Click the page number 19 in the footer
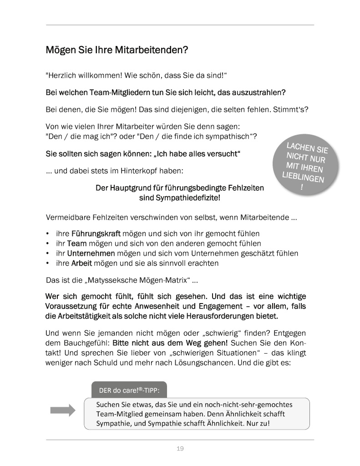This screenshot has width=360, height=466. click(180, 449)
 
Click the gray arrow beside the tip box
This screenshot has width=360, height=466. click(62, 410)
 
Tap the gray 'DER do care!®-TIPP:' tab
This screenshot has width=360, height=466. click(129, 390)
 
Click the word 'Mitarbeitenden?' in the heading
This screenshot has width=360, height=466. click(153, 50)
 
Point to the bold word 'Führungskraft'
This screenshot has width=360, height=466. click(93, 233)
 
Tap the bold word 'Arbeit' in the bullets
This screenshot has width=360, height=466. click(82, 263)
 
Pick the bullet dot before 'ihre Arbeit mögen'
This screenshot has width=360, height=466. click(48, 263)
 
